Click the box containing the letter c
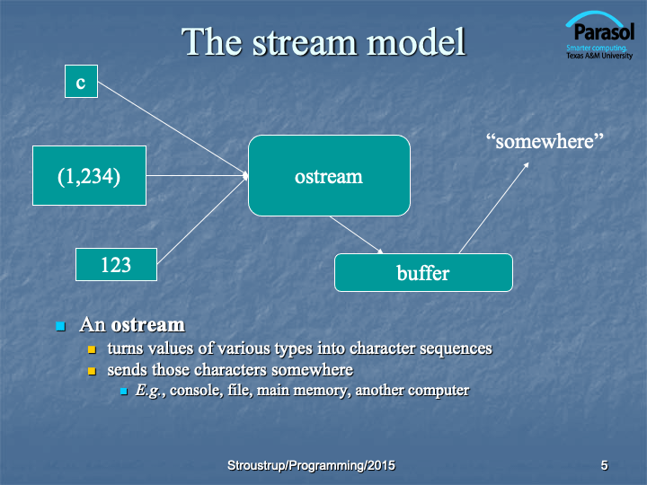pos(81,81)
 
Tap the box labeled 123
pos(116,264)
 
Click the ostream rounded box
pos(329,176)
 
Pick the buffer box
pos(424,273)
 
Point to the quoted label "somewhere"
pos(545,141)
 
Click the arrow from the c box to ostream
pos(173,128)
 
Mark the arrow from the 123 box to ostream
pos(202,220)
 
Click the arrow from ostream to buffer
pos(357,234)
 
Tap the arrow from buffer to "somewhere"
pos(494,207)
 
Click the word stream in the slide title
pos(305,42)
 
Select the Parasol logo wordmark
pos(604,31)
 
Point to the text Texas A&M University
pos(599,56)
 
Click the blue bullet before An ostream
pos(61,326)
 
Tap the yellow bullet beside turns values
pos(92,349)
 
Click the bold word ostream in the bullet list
pos(148,325)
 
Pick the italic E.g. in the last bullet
pos(147,390)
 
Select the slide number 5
pos(604,465)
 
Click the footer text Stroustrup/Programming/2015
pos(311,465)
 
